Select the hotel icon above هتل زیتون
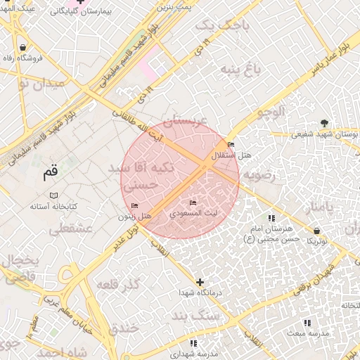pyautogui.click(x=134, y=206)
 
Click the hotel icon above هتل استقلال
pyautogui.click(x=231, y=145)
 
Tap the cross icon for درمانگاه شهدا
pyautogui.click(x=200, y=281)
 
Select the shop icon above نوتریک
pyautogui.click(x=318, y=230)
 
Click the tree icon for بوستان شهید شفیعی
pyautogui.click(x=323, y=122)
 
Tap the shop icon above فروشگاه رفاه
pyautogui.click(x=24, y=48)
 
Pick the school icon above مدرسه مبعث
pyautogui.click(x=307, y=322)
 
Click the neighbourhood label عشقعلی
pyautogui.click(x=67, y=229)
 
